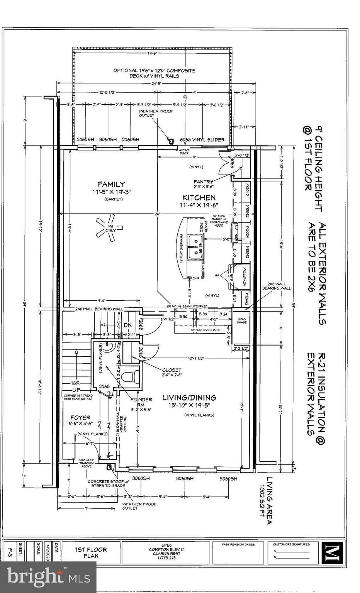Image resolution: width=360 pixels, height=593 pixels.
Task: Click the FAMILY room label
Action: [111, 185]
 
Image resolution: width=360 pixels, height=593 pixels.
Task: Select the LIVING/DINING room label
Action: [189, 397]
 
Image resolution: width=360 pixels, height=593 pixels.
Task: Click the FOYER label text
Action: [80, 417]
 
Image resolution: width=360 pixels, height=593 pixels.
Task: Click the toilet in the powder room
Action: [130, 376]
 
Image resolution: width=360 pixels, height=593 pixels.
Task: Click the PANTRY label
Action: [204, 181]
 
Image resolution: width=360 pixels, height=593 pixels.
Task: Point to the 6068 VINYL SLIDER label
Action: [202, 140]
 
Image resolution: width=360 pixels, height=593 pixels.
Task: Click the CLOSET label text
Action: [172, 370]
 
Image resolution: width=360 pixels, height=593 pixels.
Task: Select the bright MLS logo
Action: [48, 577]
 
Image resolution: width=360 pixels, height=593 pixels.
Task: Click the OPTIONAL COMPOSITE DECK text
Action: [154, 73]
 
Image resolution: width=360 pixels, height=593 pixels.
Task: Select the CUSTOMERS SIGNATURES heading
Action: [292, 544]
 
